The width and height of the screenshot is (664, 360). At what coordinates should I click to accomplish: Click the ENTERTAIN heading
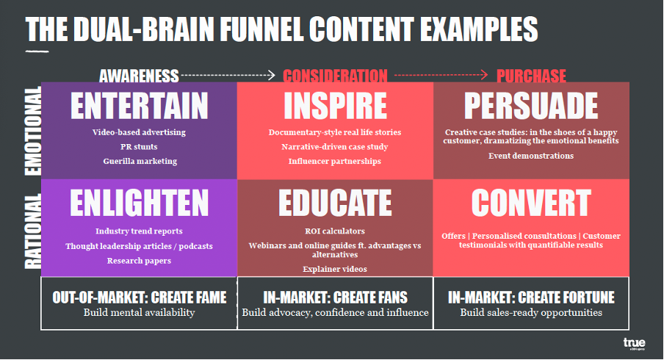(140, 106)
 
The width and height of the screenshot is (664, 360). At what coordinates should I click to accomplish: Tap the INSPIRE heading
(335, 106)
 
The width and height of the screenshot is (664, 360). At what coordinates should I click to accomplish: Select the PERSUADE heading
(531, 106)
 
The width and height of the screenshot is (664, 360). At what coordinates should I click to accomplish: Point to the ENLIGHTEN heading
(140, 203)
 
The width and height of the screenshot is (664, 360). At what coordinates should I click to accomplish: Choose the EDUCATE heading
(335, 203)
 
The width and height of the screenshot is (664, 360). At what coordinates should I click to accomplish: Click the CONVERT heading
(531, 203)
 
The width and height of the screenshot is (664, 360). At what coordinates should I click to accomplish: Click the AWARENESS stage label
(139, 76)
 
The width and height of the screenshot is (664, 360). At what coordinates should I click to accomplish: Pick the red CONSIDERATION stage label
(335, 76)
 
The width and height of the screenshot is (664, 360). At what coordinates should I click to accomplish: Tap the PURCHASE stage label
(531, 76)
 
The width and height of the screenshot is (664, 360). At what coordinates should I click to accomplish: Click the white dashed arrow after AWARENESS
(228, 76)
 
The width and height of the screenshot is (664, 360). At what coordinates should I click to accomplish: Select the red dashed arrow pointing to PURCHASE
(441, 76)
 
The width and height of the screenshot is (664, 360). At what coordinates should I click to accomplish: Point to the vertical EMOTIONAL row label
(33, 131)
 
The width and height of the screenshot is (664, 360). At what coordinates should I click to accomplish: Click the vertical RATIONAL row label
(33, 231)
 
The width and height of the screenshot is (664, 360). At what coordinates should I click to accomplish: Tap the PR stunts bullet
(139, 147)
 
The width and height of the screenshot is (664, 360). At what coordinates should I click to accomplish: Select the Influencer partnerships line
(335, 162)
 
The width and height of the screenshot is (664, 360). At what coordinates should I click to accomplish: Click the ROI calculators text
(335, 231)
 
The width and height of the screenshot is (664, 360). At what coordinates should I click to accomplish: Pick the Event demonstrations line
(531, 156)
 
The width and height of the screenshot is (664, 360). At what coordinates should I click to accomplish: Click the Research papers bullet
(139, 261)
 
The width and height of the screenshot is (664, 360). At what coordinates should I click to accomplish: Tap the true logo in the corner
(635, 343)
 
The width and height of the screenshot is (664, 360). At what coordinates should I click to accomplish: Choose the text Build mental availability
(139, 312)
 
